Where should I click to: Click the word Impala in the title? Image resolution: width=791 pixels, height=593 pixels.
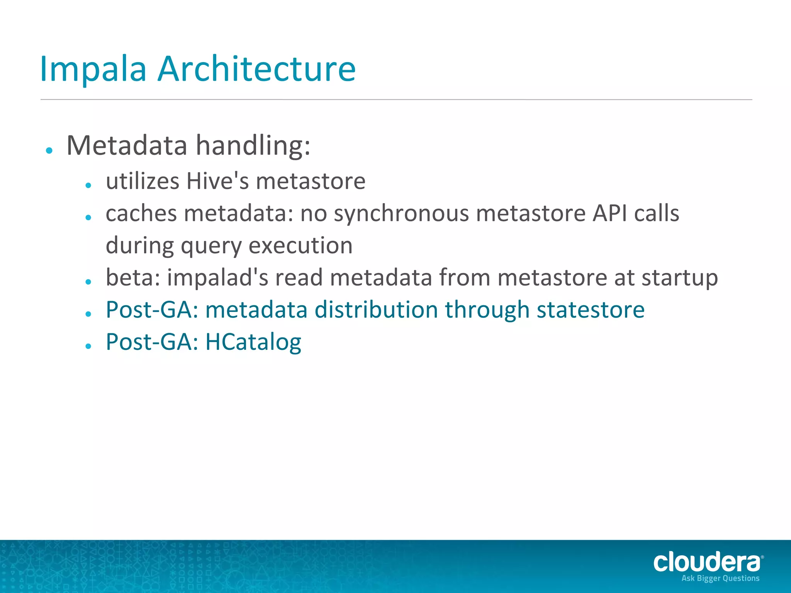coord(93,69)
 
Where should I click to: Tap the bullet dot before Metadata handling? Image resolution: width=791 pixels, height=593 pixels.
coord(49,151)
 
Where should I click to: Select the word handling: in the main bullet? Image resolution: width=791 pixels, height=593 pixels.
coord(253,146)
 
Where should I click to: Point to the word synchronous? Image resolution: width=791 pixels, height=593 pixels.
coord(401,213)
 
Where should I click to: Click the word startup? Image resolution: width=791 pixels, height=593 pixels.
coord(679,278)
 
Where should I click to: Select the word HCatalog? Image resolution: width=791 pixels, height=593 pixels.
coord(253,342)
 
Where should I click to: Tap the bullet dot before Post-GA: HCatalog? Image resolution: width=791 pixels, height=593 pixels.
coord(88,346)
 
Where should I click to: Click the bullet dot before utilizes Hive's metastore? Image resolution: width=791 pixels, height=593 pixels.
coord(88,186)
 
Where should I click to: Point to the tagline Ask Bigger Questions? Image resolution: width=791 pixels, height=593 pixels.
coord(720,578)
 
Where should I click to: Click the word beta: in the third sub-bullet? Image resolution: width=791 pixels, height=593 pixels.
coord(133,278)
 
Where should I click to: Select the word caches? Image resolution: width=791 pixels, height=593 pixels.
coord(141,213)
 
